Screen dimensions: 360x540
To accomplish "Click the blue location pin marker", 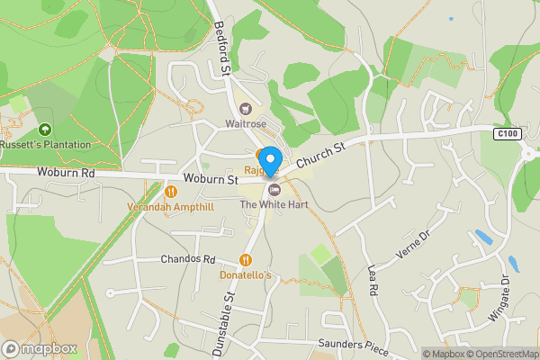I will coord(269,159).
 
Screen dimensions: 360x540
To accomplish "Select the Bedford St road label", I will coord(225,49).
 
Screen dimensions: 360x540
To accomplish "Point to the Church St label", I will coord(320,154).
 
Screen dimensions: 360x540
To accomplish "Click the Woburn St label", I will coord(211,180).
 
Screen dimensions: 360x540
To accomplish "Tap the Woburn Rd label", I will coord(66,172).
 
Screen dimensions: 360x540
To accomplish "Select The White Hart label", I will coord(274,205).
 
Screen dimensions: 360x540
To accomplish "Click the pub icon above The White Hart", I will coord(274,189).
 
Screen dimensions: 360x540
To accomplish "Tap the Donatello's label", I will coord(246,275).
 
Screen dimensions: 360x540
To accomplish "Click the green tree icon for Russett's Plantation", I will coord(45,129).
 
